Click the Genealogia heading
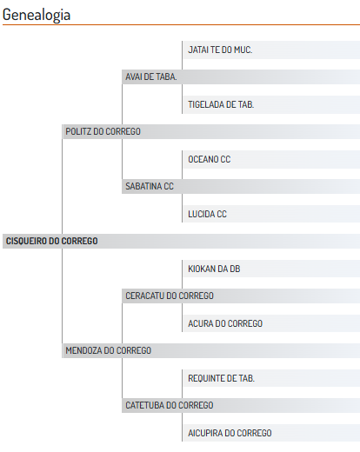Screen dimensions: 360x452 pyautogui.click(x=37, y=15)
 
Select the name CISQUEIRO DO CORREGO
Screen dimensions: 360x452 pyautogui.click(x=52, y=241)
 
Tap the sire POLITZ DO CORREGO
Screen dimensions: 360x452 pyautogui.click(x=103, y=131)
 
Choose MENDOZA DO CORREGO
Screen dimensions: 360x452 pyautogui.click(x=109, y=350)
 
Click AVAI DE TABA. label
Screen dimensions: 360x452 pyautogui.click(x=151, y=76)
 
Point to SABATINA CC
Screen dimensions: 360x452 pyautogui.click(x=150, y=186)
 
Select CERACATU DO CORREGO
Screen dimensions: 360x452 pyautogui.click(x=170, y=296)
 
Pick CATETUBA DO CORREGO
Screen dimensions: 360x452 pyautogui.click(x=170, y=405)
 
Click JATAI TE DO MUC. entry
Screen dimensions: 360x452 pyautogui.click(x=220, y=50)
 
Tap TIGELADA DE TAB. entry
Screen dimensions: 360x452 pyautogui.click(x=221, y=104)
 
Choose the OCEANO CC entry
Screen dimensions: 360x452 pyautogui.click(x=210, y=159)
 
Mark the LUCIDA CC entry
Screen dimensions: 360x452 pyautogui.click(x=207, y=214)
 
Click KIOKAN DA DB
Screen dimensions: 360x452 pyautogui.click(x=214, y=269)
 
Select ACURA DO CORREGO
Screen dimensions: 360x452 pyautogui.click(x=225, y=323)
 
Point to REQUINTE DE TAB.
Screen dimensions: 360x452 pyautogui.click(x=222, y=378)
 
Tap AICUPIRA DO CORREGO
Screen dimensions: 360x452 pyautogui.click(x=230, y=433)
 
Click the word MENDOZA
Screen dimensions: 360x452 pyautogui.click(x=83, y=350)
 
